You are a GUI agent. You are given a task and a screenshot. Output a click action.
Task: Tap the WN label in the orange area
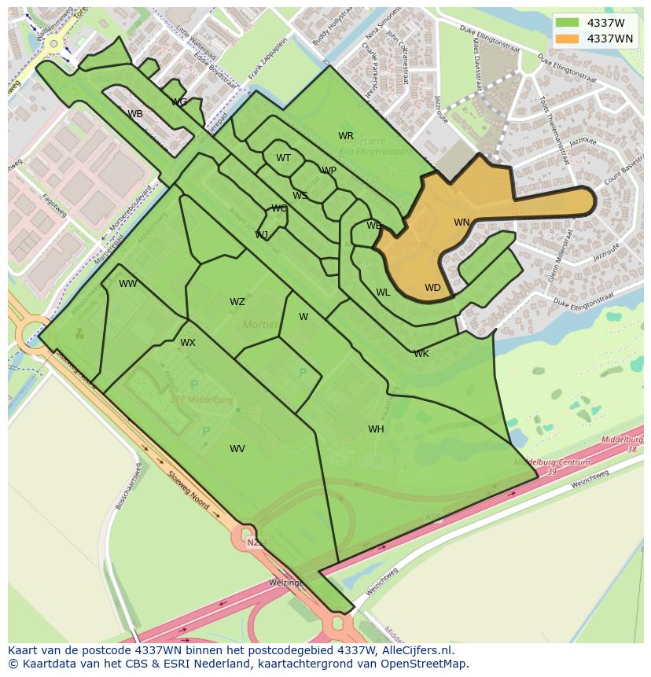point(462,223)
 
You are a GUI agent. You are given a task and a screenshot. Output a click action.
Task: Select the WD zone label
point(432,288)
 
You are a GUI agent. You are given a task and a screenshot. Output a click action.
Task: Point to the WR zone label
point(346,136)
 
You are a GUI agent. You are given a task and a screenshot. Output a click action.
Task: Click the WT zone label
point(283,158)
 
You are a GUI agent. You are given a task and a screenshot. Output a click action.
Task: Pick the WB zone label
point(135,114)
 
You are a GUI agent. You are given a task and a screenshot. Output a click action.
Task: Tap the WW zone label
point(128,284)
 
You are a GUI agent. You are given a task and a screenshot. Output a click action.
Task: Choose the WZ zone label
point(237,302)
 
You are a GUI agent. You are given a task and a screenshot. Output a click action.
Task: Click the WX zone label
point(187,343)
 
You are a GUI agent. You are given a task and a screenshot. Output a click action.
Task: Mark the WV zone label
point(237,449)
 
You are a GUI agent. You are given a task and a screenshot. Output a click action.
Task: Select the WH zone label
point(376,429)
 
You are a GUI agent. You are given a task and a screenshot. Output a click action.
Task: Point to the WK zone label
point(421,354)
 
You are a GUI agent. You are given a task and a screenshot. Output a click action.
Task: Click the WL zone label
point(383,293)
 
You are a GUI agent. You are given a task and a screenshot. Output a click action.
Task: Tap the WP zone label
point(329,171)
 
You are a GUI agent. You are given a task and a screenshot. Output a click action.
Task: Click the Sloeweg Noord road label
point(189,490)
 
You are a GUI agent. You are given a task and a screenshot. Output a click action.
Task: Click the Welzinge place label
point(286,583)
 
